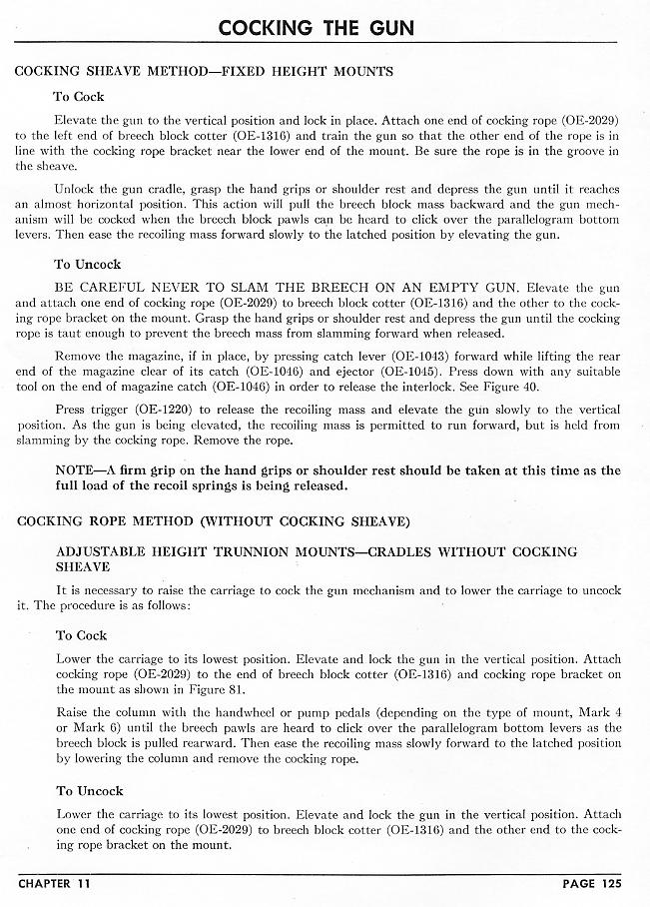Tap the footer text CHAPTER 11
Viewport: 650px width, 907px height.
[58, 884]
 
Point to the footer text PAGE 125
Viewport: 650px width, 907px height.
[589, 884]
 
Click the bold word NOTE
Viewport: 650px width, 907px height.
[77, 470]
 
